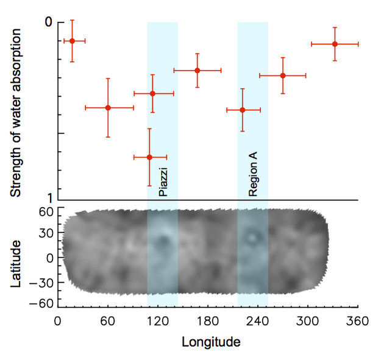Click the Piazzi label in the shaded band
pyautogui.click(x=163, y=182)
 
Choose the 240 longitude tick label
pyautogui.click(x=258, y=320)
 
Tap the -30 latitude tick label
pyautogui.click(x=44, y=283)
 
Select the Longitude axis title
pyautogui.click(x=211, y=342)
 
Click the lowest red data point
pyautogui.click(x=149, y=157)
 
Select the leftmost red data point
pyautogui.click(x=72, y=41)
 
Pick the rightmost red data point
pyautogui.click(x=335, y=44)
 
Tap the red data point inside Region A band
pyautogui.click(x=243, y=110)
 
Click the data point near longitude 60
pyautogui.click(x=108, y=108)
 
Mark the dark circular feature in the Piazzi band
pyautogui.click(x=163, y=242)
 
